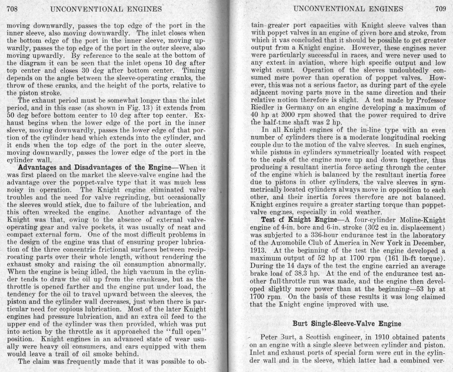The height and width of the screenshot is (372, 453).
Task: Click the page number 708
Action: pos(12,9)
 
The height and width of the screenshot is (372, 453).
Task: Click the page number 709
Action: pos(441,9)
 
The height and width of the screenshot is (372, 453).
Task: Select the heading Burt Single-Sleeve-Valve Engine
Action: pos(347,324)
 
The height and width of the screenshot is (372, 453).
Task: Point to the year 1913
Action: pos(258,251)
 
